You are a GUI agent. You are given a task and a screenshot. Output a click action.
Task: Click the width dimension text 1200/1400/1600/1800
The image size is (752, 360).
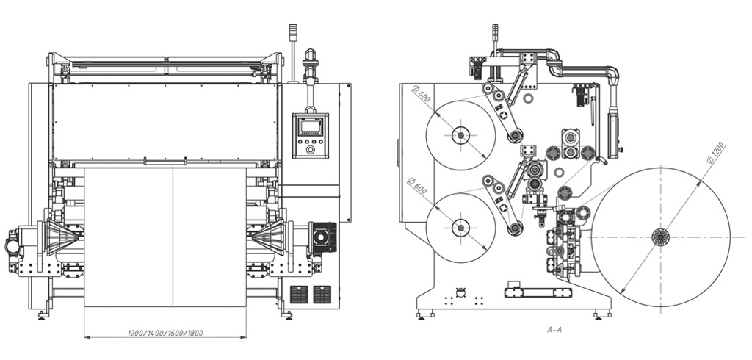point(165,332)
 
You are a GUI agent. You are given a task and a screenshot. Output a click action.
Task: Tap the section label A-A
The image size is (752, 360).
point(554,329)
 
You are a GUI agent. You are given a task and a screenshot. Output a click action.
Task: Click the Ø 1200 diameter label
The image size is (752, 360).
point(715,153)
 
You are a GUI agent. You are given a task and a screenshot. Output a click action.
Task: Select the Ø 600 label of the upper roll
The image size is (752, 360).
point(421,94)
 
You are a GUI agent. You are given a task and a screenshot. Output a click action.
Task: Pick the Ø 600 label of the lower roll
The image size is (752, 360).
point(417,185)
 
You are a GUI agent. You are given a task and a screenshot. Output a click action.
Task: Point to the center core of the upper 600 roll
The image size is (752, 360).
point(460,135)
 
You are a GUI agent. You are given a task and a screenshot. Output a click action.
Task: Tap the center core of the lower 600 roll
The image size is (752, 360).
point(460,228)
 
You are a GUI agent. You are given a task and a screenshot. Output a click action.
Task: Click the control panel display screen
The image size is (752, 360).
point(311,126)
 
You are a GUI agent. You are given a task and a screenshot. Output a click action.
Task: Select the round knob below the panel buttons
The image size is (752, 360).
point(311,150)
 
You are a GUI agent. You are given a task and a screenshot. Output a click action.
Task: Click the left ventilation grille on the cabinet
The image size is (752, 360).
point(299,294)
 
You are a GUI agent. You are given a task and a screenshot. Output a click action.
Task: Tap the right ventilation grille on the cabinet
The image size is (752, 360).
point(322,294)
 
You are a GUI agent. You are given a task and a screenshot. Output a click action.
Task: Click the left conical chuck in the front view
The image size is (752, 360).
point(62,237)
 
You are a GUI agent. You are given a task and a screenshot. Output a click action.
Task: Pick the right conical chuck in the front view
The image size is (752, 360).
point(269,237)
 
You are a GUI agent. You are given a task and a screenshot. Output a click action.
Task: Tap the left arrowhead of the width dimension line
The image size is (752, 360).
point(87,337)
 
